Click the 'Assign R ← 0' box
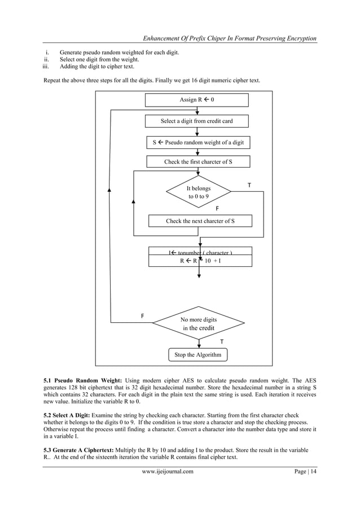pos(196,100)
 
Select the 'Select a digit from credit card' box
pos(196,121)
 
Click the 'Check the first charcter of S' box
pos(198,162)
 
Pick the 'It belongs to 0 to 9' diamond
pos(198,192)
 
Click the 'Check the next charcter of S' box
pos(200,221)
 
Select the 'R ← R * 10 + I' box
pos(200,261)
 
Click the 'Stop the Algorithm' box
pos(198,355)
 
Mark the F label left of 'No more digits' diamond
pos(142,316)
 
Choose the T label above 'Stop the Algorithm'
pos(221,342)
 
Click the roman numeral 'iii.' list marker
pos(47,66)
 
